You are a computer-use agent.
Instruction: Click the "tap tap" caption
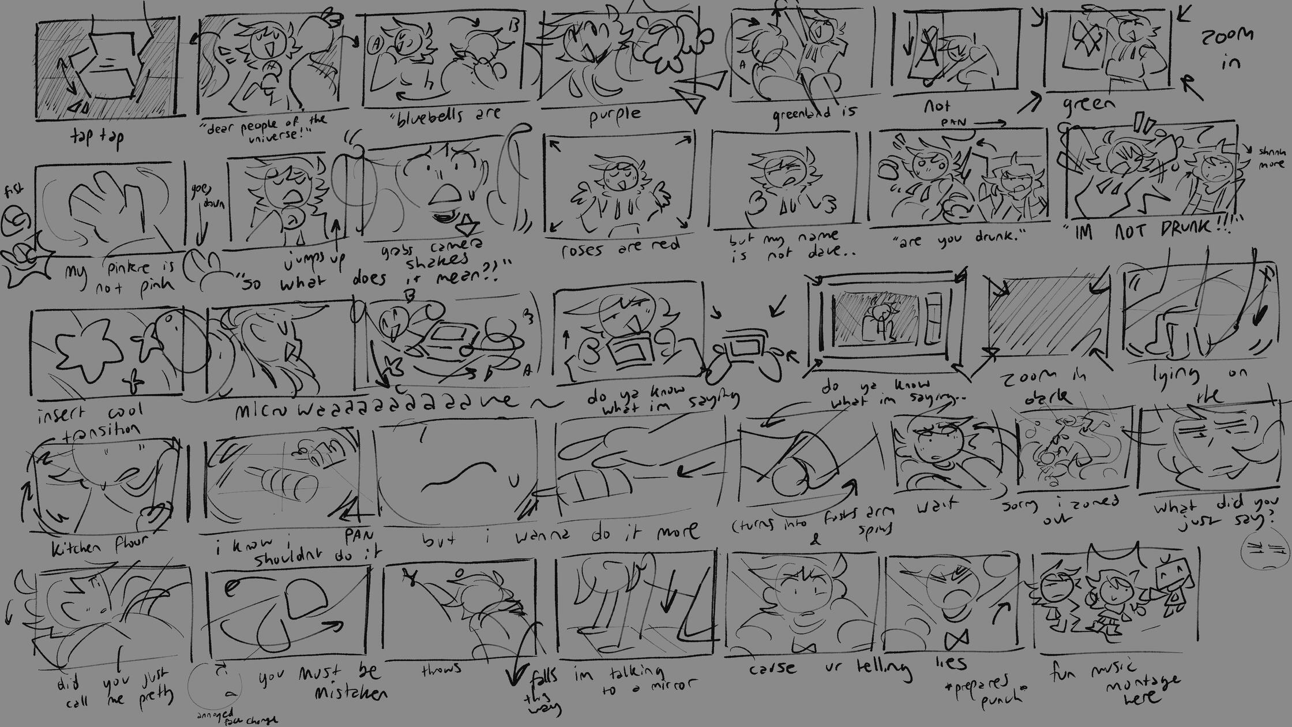tap(96, 137)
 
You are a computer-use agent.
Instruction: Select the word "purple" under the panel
tap(615, 116)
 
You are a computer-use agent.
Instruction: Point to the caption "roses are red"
tap(620, 248)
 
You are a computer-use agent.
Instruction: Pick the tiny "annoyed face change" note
tap(236, 717)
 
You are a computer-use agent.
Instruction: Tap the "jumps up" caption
tap(311, 261)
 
